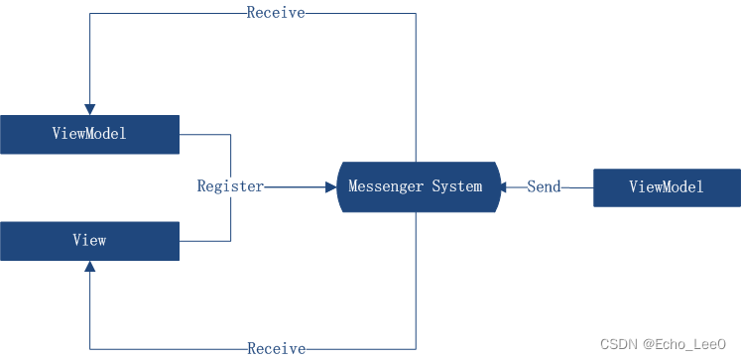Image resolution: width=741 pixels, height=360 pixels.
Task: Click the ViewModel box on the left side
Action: click(x=89, y=134)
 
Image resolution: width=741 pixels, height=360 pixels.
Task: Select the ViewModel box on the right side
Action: click(x=667, y=187)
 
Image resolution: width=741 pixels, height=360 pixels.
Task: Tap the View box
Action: click(x=89, y=241)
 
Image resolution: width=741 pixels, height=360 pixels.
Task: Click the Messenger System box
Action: click(x=416, y=186)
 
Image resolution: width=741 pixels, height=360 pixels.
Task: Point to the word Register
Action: click(x=230, y=186)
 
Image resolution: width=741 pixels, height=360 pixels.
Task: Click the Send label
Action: click(x=544, y=186)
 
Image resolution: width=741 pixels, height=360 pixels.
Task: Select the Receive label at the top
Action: click(x=276, y=13)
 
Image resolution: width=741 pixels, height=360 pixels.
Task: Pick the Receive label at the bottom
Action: click(x=276, y=349)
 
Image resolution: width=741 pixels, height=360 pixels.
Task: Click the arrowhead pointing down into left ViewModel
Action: click(x=89, y=108)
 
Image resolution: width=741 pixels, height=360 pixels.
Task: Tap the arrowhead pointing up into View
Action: click(x=89, y=267)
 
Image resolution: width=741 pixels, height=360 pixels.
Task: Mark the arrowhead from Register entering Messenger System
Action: click(x=330, y=186)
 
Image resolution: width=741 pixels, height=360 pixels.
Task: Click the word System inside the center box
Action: click(x=457, y=186)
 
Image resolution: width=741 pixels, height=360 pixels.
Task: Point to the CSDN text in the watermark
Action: click(x=618, y=343)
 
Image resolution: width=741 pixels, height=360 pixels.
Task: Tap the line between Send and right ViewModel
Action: click(x=577, y=186)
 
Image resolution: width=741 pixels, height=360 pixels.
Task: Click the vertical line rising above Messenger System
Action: click(x=416, y=89)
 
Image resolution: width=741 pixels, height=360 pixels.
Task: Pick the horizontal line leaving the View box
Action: click(x=204, y=241)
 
